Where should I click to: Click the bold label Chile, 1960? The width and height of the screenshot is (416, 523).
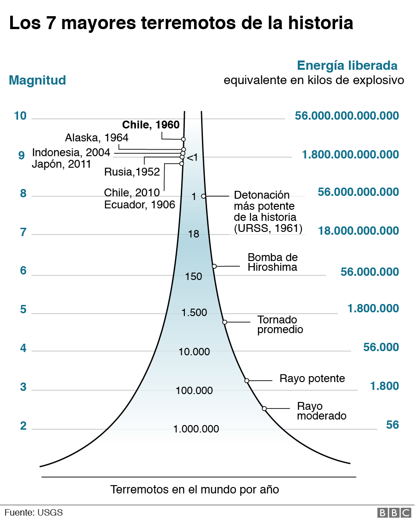(x=150, y=125)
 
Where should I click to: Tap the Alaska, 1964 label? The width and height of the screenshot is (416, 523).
(x=97, y=138)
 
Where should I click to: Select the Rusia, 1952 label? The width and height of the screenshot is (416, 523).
(x=132, y=172)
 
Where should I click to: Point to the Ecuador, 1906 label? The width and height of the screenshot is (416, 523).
(x=139, y=204)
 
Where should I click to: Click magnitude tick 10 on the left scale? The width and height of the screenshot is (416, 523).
(x=20, y=116)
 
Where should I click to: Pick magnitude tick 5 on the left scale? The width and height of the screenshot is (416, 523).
(x=23, y=310)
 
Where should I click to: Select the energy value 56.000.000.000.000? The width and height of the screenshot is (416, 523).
(x=347, y=116)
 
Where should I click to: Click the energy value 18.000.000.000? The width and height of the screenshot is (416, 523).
(x=358, y=231)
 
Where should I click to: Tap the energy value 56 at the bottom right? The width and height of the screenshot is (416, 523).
(x=392, y=425)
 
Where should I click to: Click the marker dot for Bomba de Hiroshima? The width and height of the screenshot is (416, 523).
(x=214, y=266)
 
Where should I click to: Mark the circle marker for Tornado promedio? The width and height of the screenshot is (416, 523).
(x=225, y=322)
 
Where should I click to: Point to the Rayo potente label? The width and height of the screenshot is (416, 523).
(x=312, y=379)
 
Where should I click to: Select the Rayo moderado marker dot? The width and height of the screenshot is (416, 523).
(x=264, y=408)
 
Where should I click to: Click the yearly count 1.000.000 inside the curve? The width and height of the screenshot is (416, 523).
(x=196, y=429)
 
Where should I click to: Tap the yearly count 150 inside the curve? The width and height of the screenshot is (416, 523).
(x=194, y=277)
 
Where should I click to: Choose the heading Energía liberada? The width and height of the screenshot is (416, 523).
(x=347, y=65)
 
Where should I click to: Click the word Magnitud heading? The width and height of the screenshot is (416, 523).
(x=37, y=80)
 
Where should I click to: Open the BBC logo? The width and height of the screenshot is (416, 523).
(x=394, y=513)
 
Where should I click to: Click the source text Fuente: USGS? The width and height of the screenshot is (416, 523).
(x=33, y=512)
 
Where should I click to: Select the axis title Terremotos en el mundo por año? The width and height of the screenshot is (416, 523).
(x=195, y=490)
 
